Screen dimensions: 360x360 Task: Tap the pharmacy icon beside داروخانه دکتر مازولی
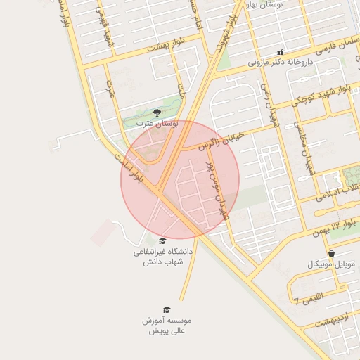(x=281, y=51)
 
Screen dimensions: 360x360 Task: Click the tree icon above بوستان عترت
(x=156, y=112)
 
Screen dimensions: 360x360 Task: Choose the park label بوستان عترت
(x=157, y=124)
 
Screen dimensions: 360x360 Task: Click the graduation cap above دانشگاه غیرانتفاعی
(x=162, y=240)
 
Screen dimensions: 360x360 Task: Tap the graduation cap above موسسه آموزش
(x=167, y=309)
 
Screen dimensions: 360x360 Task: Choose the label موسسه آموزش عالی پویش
(x=167, y=325)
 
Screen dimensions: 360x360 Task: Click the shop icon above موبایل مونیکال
(x=331, y=253)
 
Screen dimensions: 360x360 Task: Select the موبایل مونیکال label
(x=332, y=264)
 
